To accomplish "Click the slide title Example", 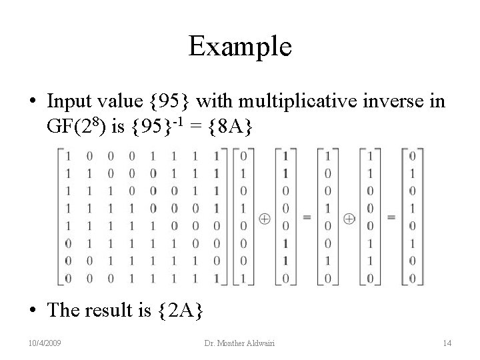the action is pyautogui.click(x=239, y=46).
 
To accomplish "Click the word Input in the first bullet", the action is pyautogui.click(x=71, y=101).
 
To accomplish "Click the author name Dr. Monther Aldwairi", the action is pyautogui.click(x=239, y=343).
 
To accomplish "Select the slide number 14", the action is pyautogui.click(x=447, y=343).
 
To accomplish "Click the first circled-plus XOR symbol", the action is pyautogui.click(x=265, y=218).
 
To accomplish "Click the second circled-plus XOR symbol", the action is pyautogui.click(x=349, y=218).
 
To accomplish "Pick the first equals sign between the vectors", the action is pyautogui.click(x=307, y=218).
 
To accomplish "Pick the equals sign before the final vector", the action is pyautogui.click(x=391, y=218).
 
